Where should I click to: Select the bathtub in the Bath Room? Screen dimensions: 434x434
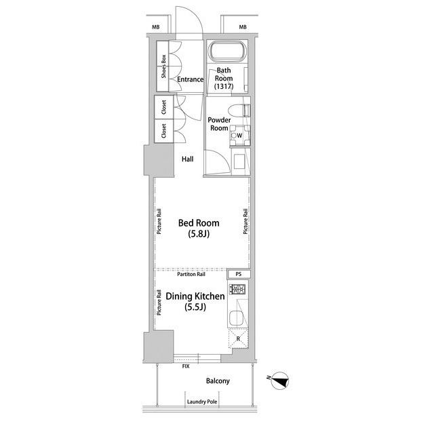tap(227, 52)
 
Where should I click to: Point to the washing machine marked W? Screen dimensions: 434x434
tap(240, 136)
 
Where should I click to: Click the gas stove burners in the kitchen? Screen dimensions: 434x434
tap(238, 290)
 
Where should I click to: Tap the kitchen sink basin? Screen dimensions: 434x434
tap(236, 318)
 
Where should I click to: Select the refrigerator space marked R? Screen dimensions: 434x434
tap(238, 338)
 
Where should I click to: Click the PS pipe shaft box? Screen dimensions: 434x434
tap(239, 274)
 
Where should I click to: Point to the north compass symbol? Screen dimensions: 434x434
tap(279, 380)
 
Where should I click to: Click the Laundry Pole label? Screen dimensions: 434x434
tap(202, 402)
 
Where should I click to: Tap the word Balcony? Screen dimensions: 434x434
tap(218, 381)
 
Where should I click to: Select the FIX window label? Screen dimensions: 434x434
tap(186, 366)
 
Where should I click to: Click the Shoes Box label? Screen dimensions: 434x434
tap(163, 66)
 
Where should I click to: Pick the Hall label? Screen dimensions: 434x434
tap(187, 159)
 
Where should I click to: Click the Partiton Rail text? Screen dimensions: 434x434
tap(191, 274)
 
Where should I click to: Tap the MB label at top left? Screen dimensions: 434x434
tap(156, 27)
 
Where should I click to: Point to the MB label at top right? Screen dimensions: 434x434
tap(243, 27)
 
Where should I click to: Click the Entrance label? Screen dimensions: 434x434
tap(190, 79)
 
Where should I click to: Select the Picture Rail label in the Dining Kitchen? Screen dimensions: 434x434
tap(159, 302)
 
